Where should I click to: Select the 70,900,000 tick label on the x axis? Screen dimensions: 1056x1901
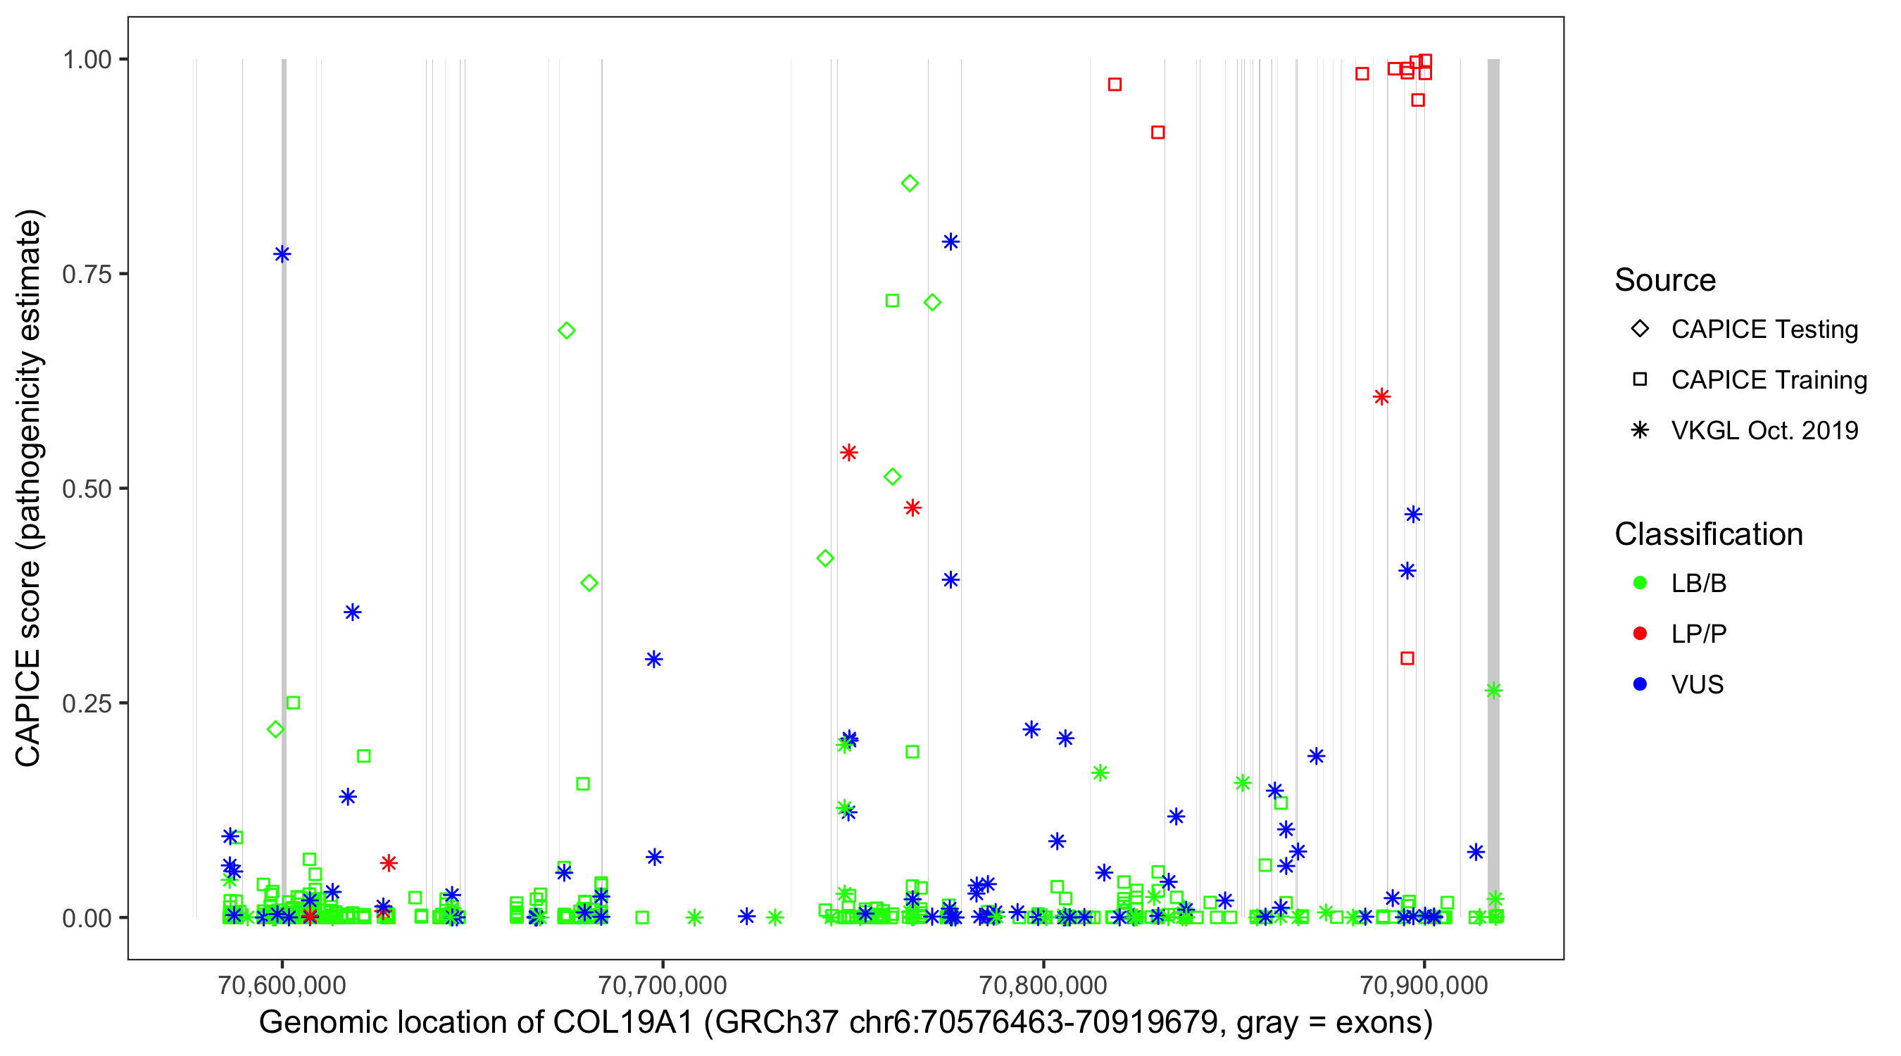(x=1424, y=984)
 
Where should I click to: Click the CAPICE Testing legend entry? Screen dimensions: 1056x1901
(x=1764, y=329)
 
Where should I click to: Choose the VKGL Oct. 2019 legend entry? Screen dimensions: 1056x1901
(x=1764, y=430)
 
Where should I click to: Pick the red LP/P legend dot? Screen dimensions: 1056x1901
(x=1640, y=634)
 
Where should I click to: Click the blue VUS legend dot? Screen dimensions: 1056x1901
(x=1640, y=684)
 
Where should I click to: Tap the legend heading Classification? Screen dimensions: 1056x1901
(x=1707, y=534)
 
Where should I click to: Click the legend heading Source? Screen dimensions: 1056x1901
(x=1665, y=280)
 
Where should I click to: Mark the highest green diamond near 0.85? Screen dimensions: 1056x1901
(x=909, y=183)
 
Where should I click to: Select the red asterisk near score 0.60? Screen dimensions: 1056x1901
(x=1381, y=397)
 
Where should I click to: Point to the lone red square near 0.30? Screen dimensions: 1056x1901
(x=1407, y=658)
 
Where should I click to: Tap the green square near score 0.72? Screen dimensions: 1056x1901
(x=892, y=301)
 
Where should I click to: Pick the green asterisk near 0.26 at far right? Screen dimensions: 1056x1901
(x=1493, y=691)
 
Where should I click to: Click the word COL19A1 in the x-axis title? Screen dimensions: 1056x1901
(x=623, y=1023)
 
